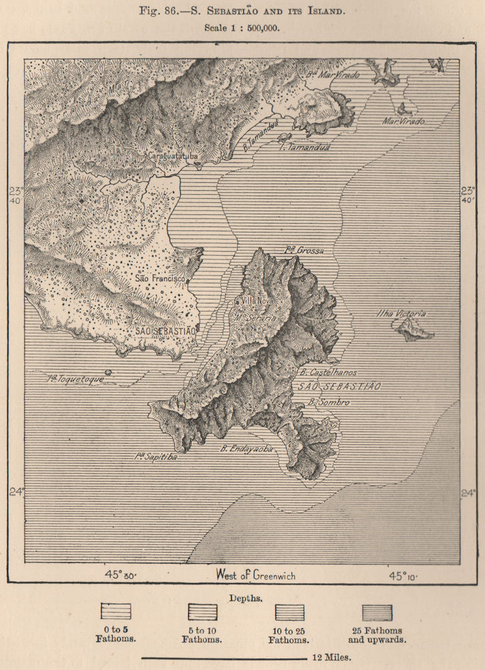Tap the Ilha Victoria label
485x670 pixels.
(x=401, y=314)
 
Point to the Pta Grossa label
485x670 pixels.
(x=303, y=251)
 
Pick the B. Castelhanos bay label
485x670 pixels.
(x=328, y=372)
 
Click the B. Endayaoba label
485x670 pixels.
(x=247, y=450)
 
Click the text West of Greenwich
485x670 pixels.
(x=255, y=575)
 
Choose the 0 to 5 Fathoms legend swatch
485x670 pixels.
(x=115, y=612)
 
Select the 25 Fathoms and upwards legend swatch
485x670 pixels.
(x=377, y=612)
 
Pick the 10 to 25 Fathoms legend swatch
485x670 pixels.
(x=289, y=612)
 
